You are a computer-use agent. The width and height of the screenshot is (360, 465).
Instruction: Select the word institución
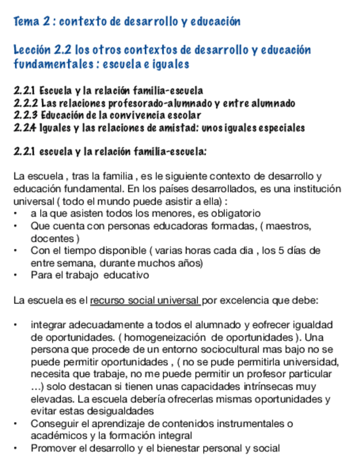(311, 189)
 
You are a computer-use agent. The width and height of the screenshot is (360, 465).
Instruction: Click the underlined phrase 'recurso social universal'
(145, 300)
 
